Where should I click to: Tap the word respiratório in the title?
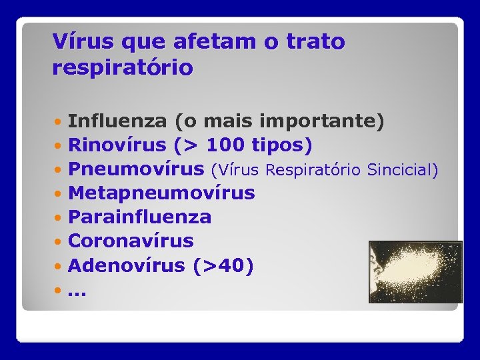click(123, 68)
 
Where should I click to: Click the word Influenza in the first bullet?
click(117, 121)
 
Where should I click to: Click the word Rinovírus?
click(117, 145)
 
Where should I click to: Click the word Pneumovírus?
click(136, 169)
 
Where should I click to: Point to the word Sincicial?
click(403, 170)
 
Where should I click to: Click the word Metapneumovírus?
click(161, 193)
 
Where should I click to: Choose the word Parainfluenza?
click(140, 217)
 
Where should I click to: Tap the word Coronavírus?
click(131, 241)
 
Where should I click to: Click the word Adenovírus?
click(126, 265)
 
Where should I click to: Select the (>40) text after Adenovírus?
click(223, 265)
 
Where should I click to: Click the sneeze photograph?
click(415, 271)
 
